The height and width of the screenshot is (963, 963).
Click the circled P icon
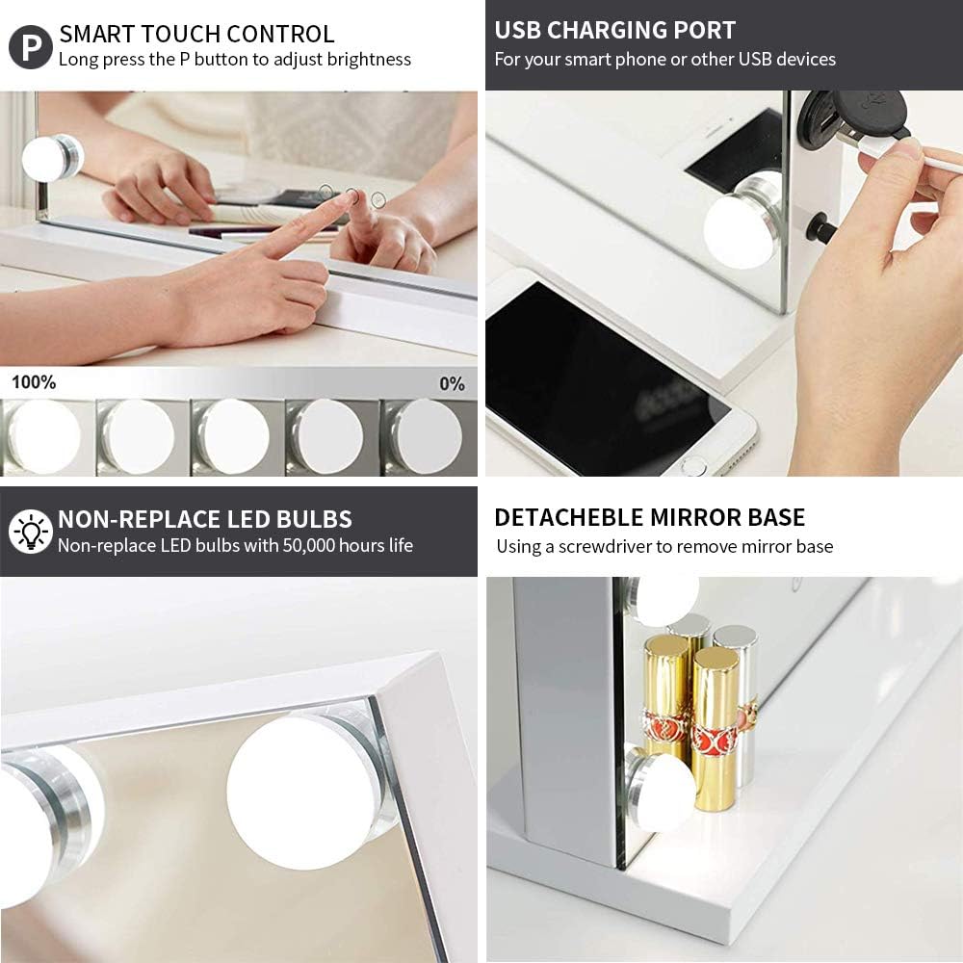[31, 46]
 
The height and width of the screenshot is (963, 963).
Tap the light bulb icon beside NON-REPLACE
[31, 532]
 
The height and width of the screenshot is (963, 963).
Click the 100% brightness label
[34, 382]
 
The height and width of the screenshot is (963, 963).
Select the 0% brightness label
[452, 383]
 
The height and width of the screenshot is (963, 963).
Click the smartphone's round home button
[693, 466]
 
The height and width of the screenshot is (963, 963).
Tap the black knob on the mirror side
[820, 228]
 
